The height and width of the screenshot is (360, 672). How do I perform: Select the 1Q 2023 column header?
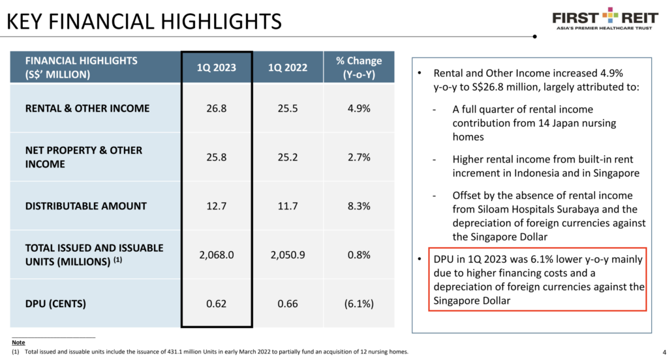point(217,67)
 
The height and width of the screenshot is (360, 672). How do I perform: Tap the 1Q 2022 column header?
point(288,67)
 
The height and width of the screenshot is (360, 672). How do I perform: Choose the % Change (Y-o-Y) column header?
point(358,67)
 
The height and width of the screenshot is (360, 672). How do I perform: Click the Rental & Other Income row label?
point(87,108)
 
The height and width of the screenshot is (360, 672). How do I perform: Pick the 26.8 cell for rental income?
point(217,108)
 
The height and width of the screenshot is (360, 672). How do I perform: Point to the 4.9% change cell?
point(358,108)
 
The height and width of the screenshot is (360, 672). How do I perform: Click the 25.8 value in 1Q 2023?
point(217,157)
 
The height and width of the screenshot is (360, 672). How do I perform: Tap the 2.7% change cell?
point(358,157)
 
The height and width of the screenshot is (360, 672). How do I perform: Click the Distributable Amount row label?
point(86,206)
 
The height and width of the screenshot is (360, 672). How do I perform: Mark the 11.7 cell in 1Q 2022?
point(288,206)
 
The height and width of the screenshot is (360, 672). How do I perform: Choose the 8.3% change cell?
point(358,206)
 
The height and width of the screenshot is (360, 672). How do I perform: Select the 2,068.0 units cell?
point(217,255)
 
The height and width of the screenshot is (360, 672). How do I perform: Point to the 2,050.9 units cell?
point(288,255)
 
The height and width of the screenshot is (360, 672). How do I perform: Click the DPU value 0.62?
point(217,303)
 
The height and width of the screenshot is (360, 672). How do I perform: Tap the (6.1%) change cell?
point(358,303)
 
